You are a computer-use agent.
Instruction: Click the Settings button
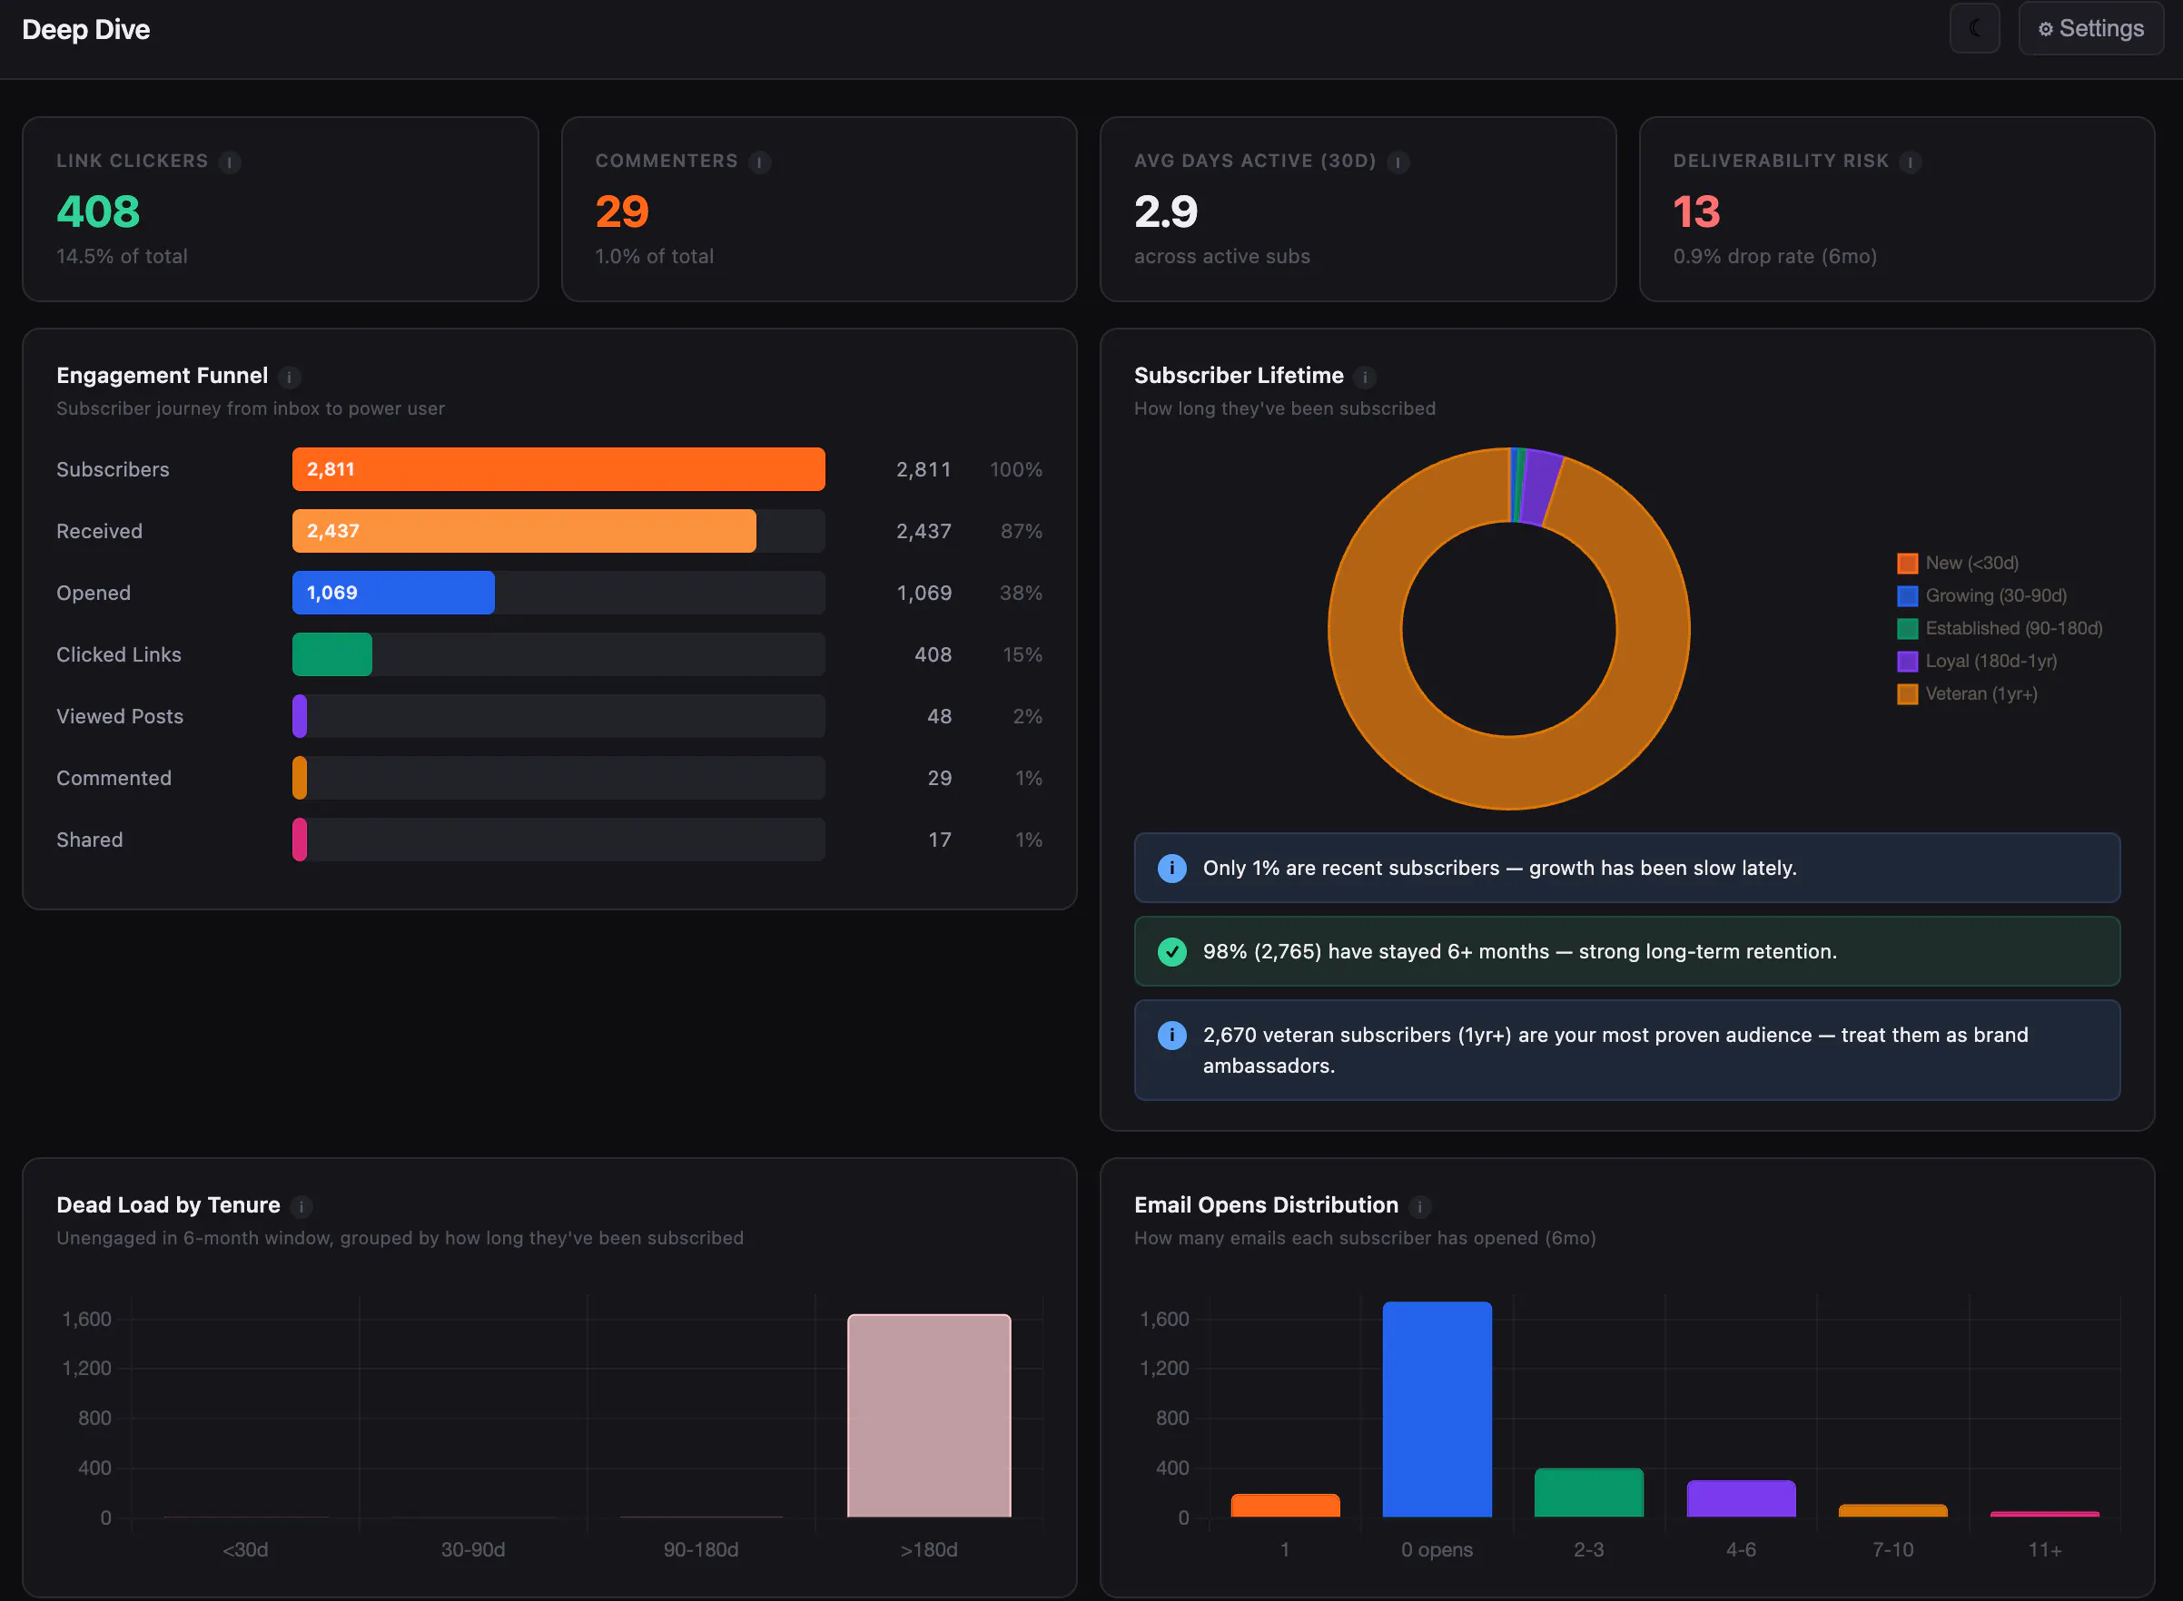[2091, 29]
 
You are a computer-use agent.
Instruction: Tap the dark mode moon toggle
[1974, 29]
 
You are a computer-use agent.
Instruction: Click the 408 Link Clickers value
[98, 211]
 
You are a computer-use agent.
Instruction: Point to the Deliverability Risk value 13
[1696, 211]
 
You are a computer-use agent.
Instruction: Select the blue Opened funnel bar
[393, 592]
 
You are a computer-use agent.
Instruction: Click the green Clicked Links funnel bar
[332, 654]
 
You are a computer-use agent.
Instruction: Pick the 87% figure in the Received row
[1022, 531]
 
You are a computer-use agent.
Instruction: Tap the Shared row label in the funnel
[89, 840]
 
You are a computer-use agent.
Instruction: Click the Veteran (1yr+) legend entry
[1968, 694]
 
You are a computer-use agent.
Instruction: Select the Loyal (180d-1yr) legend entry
[1978, 661]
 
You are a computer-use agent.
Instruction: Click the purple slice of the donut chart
[1541, 486]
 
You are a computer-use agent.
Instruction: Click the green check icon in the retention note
[1172, 952]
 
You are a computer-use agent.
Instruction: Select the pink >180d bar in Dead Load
[929, 1416]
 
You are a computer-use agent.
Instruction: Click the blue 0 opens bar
[1437, 1409]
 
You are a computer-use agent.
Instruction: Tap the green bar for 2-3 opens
[1589, 1493]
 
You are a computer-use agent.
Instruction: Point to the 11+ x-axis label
[2045, 1549]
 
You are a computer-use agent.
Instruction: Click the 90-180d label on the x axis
[701, 1549]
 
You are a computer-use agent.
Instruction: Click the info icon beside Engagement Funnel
[289, 377]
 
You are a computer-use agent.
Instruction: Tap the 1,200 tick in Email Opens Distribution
[1164, 1369]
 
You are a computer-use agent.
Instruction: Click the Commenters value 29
[621, 211]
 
